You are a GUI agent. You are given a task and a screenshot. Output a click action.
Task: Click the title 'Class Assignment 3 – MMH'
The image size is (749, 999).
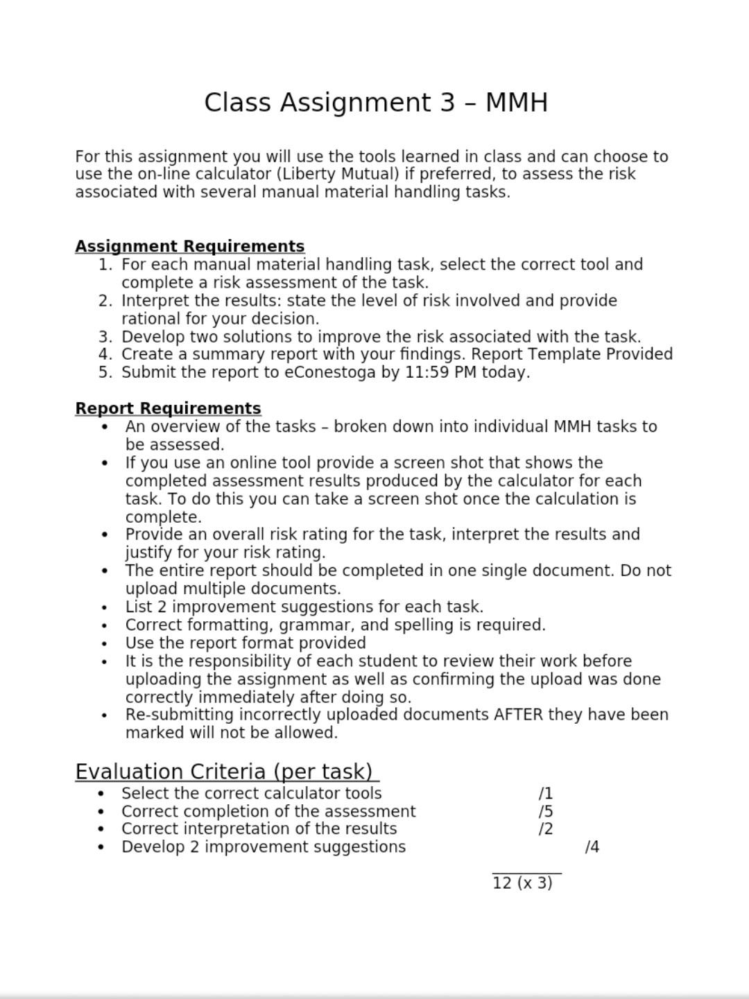[376, 103]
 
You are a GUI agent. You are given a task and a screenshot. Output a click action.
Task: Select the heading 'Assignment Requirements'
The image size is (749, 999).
[189, 247]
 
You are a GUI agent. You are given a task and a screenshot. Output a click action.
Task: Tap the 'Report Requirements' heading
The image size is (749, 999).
[168, 408]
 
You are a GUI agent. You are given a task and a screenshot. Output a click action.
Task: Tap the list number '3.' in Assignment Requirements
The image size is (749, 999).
[105, 337]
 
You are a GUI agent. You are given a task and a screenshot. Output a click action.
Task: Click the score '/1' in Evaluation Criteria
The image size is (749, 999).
[545, 794]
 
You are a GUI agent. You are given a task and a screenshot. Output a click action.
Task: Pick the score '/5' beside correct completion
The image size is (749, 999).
[545, 812]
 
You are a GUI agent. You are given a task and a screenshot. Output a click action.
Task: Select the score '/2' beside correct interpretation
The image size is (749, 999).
[545, 829]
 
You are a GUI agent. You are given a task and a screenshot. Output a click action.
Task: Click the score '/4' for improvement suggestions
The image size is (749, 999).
[592, 847]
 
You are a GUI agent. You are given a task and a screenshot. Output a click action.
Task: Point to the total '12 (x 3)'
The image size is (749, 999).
[522, 883]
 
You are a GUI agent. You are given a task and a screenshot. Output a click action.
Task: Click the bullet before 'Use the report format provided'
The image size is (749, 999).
[104, 643]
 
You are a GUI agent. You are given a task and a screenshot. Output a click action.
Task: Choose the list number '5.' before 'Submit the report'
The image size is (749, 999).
[105, 372]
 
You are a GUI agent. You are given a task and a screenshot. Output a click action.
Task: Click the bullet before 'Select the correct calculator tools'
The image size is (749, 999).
[101, 794]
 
